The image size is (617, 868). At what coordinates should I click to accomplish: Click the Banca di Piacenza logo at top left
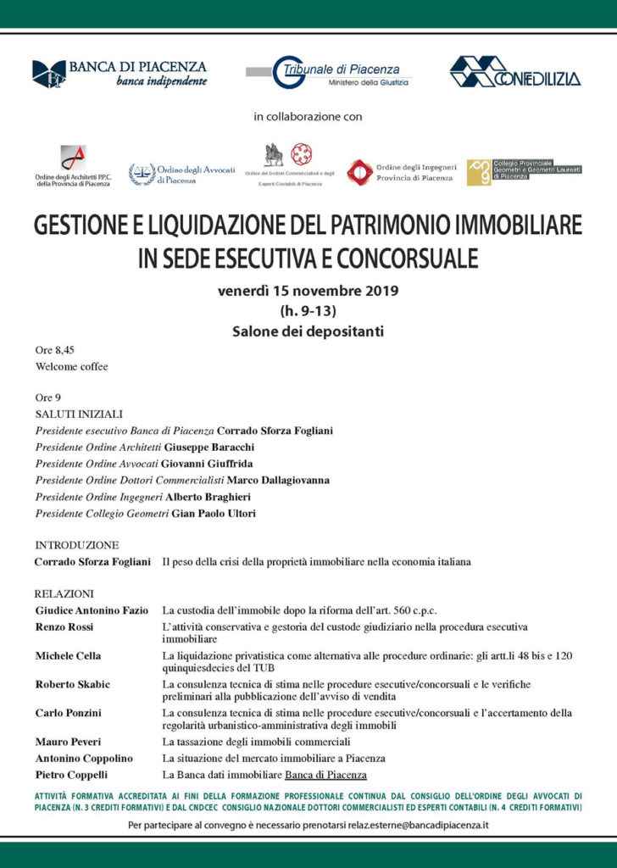(119, 73)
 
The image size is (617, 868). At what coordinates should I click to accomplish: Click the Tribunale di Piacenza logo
(329, 74)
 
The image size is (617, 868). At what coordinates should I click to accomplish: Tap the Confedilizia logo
(514, 73)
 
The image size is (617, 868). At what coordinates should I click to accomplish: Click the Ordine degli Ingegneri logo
(402, 171)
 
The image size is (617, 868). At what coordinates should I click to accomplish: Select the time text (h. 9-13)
(308, 310)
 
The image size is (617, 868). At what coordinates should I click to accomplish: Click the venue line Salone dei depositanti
(308, 331)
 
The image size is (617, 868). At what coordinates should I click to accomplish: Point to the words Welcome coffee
(72, 367)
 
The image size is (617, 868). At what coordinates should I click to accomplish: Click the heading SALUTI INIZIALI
(80, 414)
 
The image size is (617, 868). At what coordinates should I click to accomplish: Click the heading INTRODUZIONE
(77, 545)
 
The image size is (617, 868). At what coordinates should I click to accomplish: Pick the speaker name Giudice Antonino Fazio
(92, 610)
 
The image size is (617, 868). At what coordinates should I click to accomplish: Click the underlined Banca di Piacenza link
(326, 775)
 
